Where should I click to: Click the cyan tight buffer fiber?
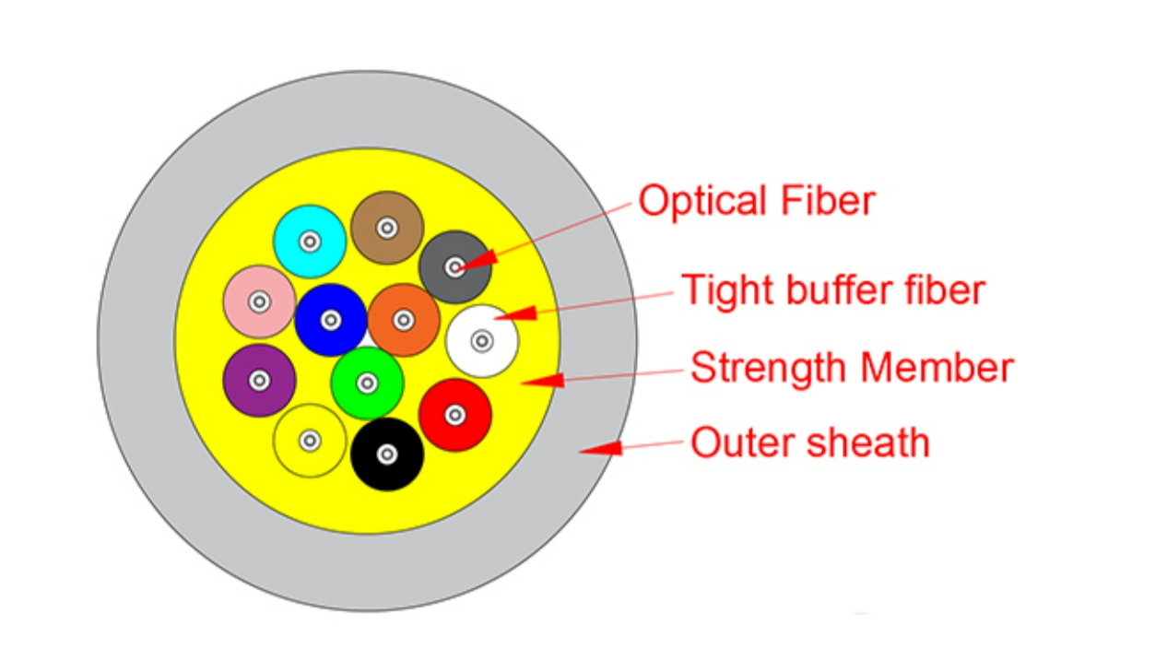tap(310, 242)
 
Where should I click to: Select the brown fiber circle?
tap(387, 228)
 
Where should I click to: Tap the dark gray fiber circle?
tap(454, 267)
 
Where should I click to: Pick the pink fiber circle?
tap(259, 301)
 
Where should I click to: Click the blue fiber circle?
tap(331, 320)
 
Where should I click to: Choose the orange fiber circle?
tap(404, 320)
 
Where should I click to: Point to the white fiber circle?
tap(482, 341)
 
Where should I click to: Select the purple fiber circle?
tap(259, 381)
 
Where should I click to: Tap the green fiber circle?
tap(367, 384)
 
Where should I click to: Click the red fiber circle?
tap(454, 415)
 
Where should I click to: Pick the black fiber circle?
tap(387, 454)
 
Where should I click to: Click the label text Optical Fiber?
tap(757, 202)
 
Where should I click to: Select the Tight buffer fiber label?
tap(833, 290)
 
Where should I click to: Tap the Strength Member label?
tap(852, 367)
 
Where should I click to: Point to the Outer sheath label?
tap(810, 443)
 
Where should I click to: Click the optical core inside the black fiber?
tap(387, 454)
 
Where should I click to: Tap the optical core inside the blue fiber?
tap(331, 320)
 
